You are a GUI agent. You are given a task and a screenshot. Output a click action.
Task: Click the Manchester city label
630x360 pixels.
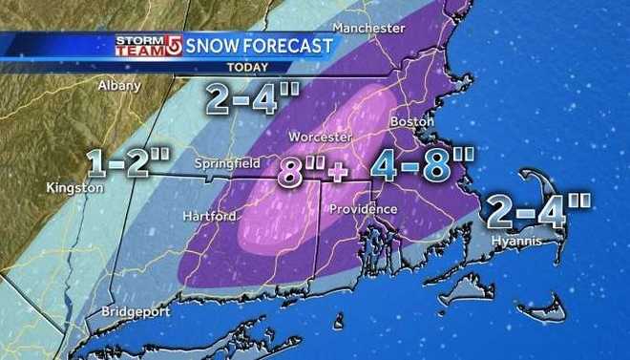369,29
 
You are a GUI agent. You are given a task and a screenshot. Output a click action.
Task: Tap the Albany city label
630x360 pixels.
119,85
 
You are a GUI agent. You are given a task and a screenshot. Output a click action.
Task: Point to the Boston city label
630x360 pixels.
412,123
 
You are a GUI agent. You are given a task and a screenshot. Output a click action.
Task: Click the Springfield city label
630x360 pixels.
227,164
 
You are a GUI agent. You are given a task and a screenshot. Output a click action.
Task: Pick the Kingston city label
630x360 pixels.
74,188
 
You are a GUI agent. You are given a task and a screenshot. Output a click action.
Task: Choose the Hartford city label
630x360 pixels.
209,217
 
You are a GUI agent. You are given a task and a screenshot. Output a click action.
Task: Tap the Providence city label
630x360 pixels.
363,209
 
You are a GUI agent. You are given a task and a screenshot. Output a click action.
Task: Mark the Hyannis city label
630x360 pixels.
516,243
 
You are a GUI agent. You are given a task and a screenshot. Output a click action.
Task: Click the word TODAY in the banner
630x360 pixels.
247,67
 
